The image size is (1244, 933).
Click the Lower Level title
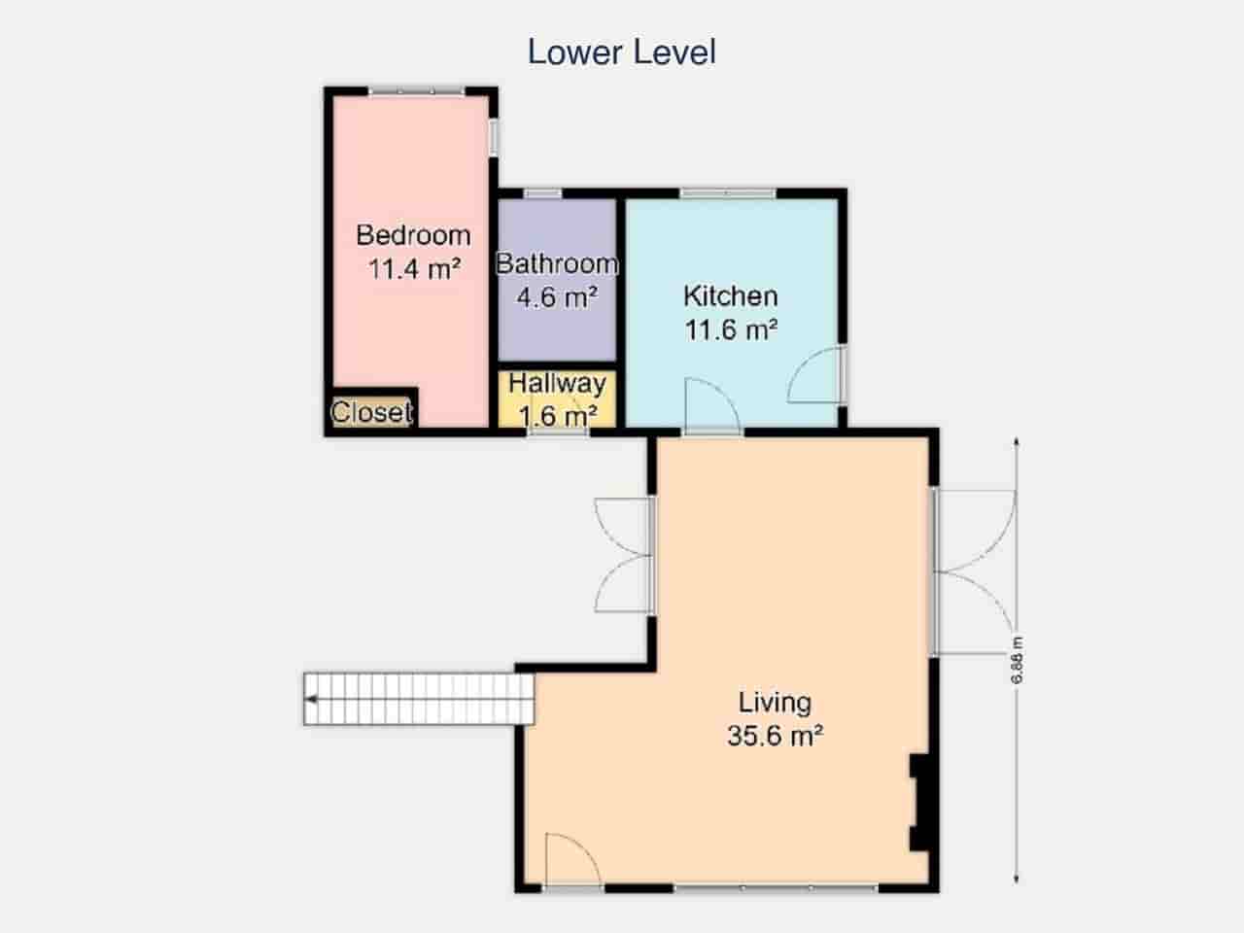621,52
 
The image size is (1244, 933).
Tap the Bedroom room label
413,235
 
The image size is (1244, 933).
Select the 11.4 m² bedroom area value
413,269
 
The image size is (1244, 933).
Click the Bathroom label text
557,263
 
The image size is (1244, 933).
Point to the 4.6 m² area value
556,297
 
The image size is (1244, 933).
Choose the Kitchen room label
730,296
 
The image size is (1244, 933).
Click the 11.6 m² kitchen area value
731,330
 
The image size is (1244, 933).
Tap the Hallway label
557,383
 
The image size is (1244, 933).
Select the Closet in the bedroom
371,412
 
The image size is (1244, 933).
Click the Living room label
775,702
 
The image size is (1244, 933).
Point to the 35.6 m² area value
775,736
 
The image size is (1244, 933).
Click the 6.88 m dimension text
1018,660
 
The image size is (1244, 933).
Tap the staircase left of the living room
419,698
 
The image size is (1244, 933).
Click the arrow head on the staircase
312,698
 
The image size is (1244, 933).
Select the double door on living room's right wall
974,570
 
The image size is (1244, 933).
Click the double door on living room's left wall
624,555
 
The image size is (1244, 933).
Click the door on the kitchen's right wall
817,374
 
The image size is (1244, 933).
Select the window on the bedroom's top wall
416,91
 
